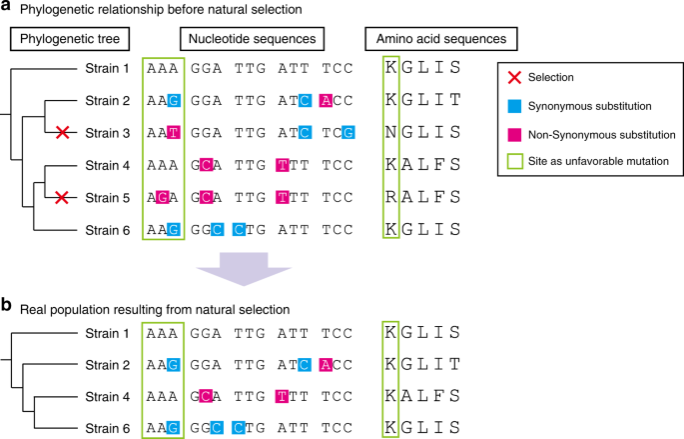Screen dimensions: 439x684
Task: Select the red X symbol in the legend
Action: [515, 77]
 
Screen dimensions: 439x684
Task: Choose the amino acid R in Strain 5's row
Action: [390, 199]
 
